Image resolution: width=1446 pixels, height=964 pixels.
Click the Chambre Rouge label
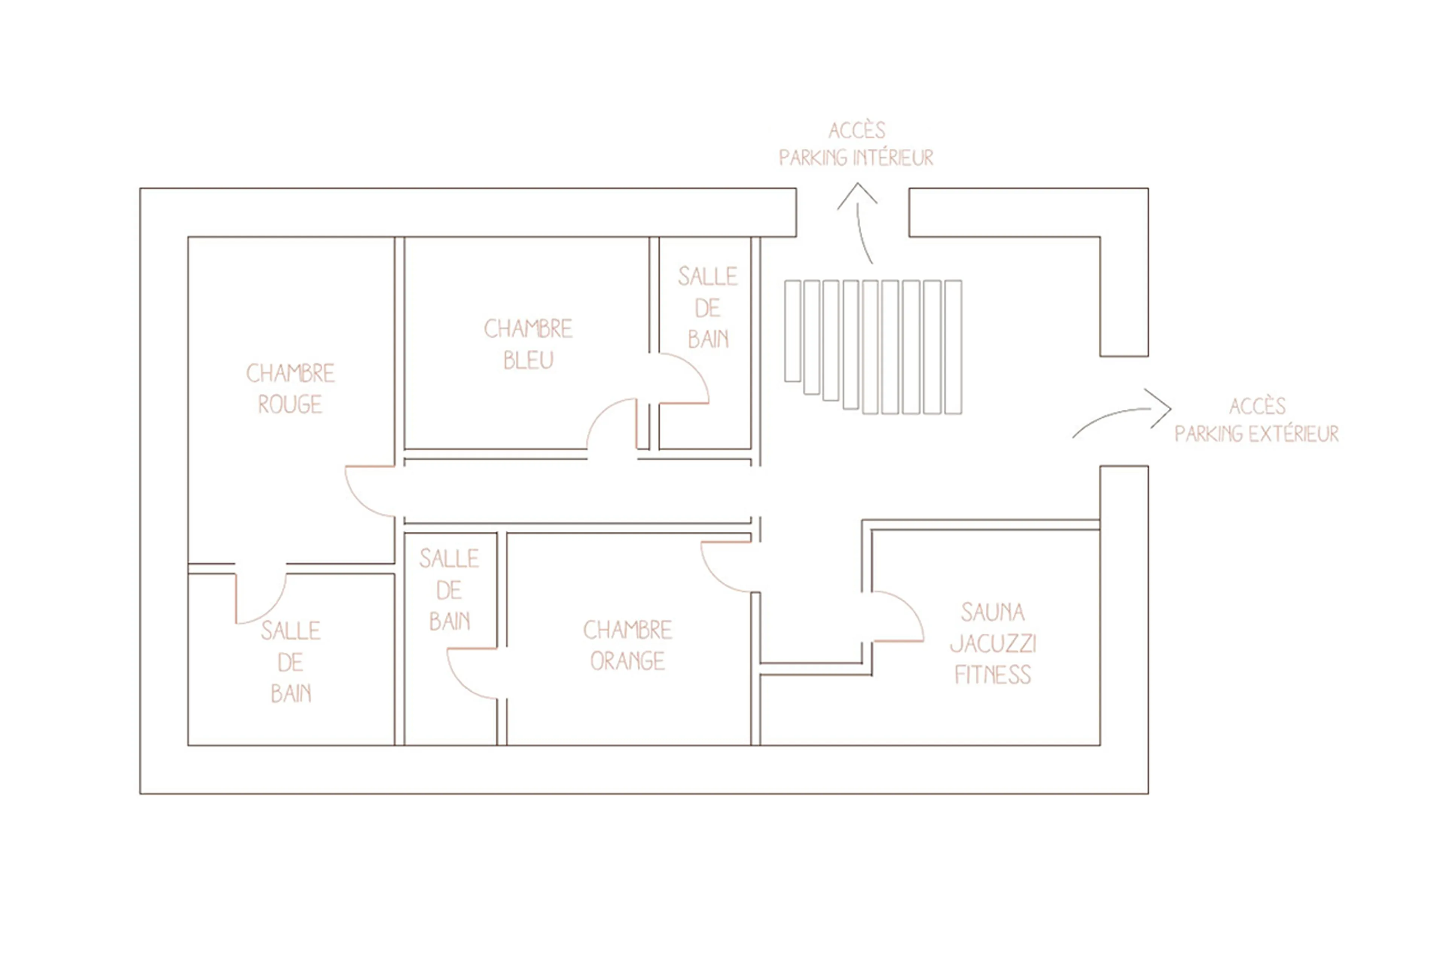pyautogui.click(x=290, y=388)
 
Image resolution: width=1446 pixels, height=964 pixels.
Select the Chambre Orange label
pyautogui.click(x=627, y=646)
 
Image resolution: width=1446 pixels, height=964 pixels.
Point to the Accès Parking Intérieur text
pyautogui.click(x=856, y=145)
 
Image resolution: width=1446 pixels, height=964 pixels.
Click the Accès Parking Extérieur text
pyautogui.click(x=1256, y=420)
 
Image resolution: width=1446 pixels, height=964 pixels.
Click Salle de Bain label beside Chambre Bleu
pyautogui.click(x=707, y=307)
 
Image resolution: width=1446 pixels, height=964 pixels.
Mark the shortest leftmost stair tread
pyautogui.click(x=792, y=331)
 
